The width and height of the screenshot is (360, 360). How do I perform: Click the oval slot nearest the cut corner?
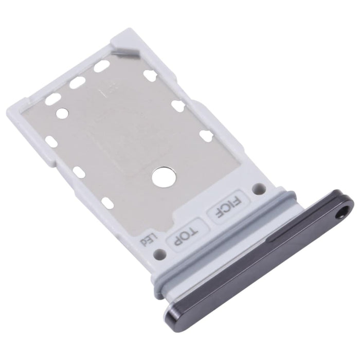(102, 66)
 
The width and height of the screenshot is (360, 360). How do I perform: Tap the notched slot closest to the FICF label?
(207, 135)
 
